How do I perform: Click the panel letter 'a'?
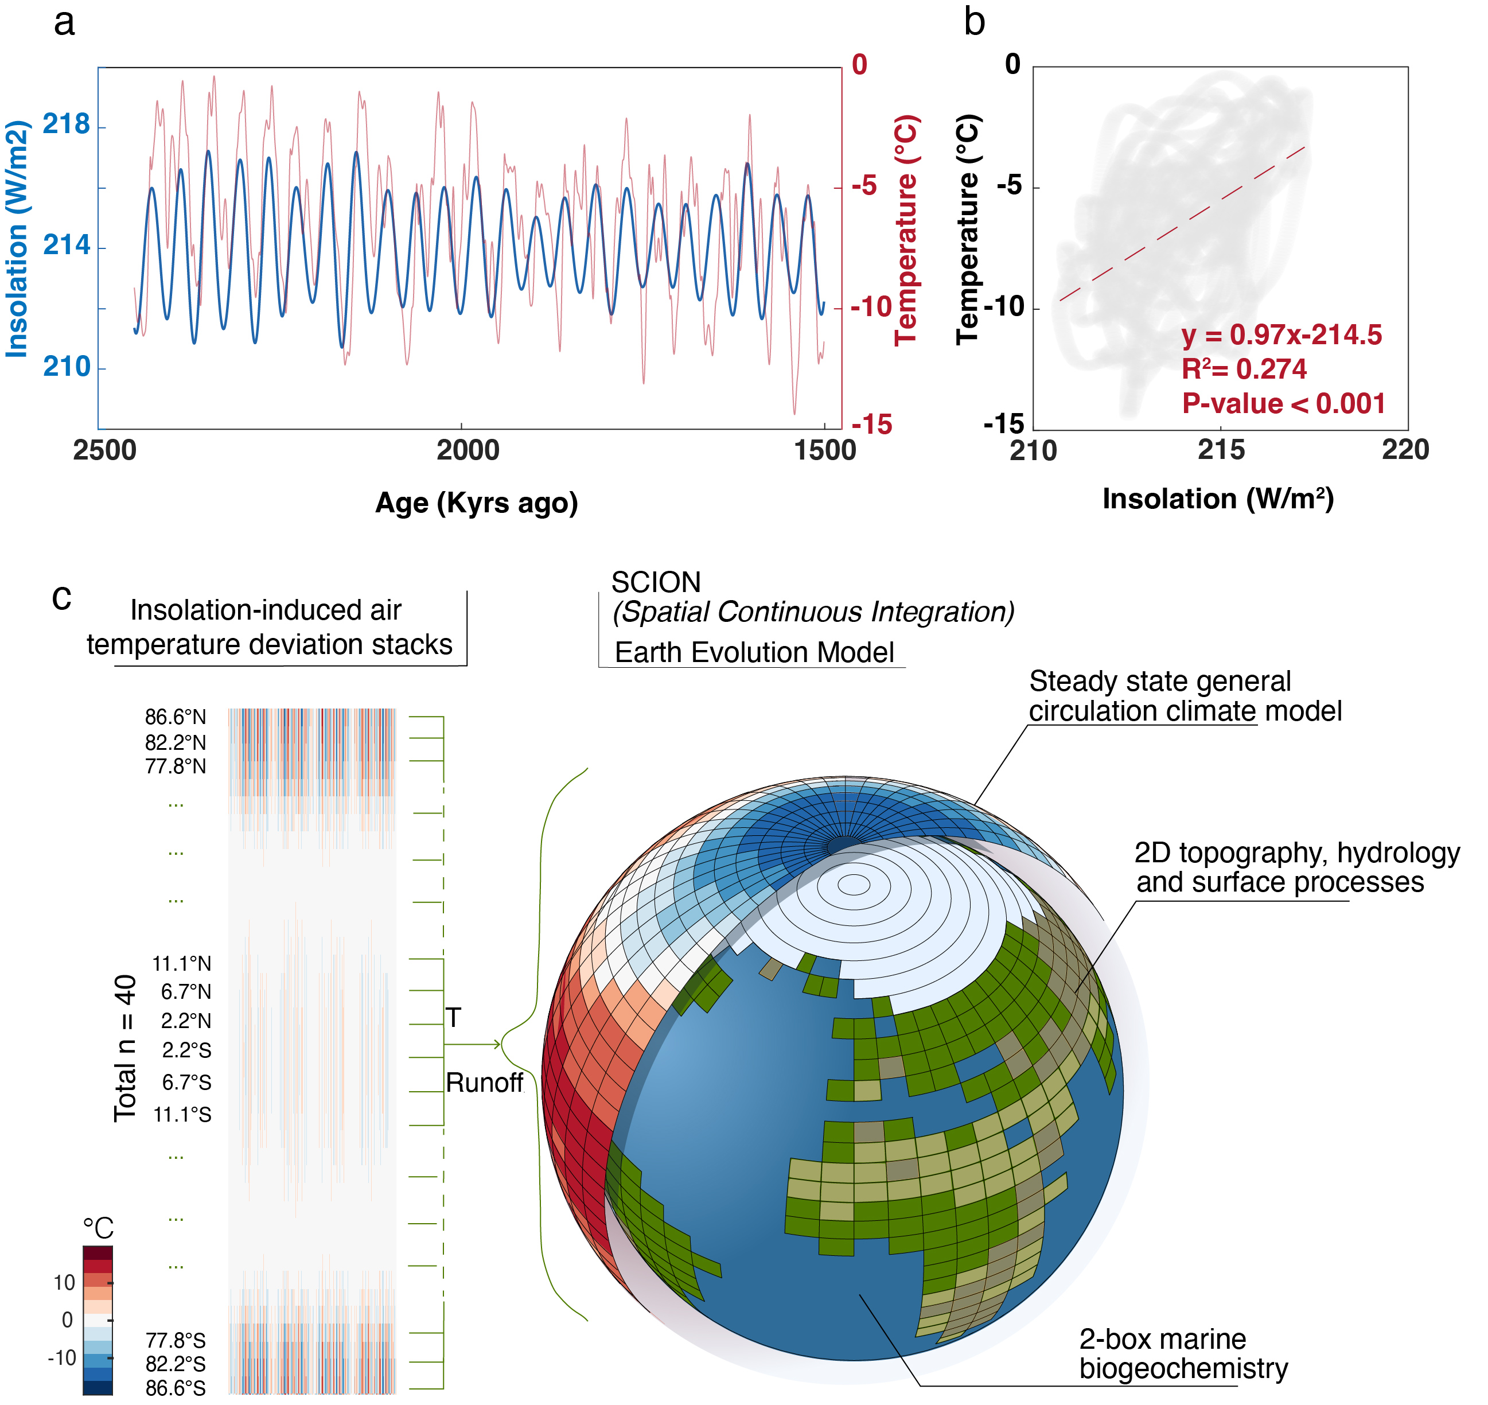click(64, 23)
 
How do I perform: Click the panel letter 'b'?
click(973, 22)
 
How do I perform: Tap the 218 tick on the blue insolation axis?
click(66, 124)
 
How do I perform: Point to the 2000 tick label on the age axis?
click(468, 451)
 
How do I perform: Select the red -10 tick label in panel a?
click(871, 307)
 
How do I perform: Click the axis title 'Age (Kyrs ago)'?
click(476, 503)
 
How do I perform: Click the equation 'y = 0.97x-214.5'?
click(1281, 335)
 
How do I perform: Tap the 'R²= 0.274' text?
click(1244, 369)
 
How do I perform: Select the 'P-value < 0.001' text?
click(1283, 404)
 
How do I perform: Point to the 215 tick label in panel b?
click(1221, 450)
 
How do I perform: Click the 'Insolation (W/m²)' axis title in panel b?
click(1218, 499)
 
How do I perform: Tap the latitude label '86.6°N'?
click(175, 718)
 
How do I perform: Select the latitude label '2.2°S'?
click(186, 1050)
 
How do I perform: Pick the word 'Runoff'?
click(484, 1083)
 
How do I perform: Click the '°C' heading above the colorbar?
click(98, 1228)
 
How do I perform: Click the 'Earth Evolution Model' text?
click(754, 652)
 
